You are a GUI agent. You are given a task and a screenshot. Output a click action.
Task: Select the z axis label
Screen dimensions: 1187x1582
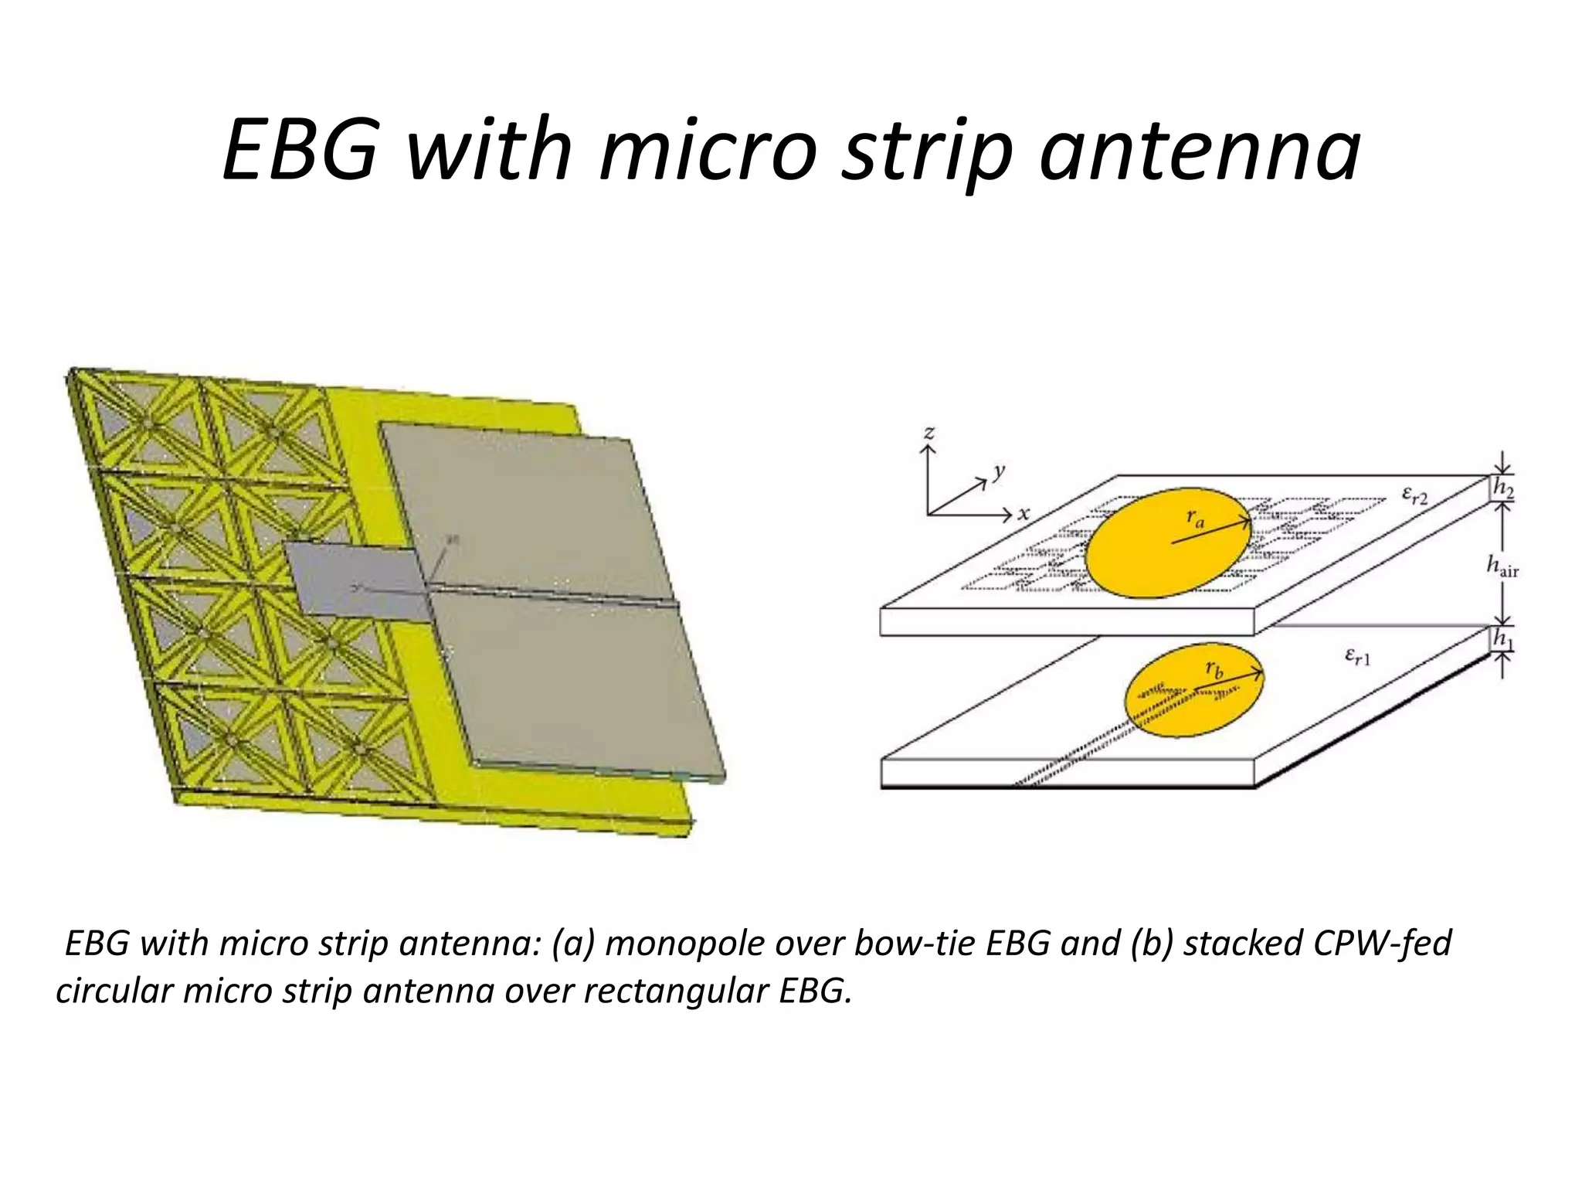coord(929,432)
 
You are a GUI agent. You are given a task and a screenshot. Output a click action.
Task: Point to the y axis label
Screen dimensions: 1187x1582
coord(1000,471)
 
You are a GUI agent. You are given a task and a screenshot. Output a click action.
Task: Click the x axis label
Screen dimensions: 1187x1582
coord(1024,513)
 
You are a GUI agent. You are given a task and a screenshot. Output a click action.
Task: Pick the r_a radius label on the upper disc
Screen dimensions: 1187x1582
coord(1195,519)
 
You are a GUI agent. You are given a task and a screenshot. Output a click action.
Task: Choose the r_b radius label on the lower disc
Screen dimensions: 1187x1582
coord(1214,669)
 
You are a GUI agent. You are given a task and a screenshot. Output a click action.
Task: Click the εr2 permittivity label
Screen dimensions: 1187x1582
coord(1415,495)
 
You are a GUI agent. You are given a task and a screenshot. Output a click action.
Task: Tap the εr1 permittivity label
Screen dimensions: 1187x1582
coord(1357,658)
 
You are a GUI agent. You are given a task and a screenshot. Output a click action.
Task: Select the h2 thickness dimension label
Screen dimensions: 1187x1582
coord(1503,488)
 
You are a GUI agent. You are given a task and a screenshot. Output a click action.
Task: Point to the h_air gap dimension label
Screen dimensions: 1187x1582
coord(1502,567)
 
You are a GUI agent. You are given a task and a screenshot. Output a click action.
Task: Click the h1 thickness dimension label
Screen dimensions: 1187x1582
coord(1503,639)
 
